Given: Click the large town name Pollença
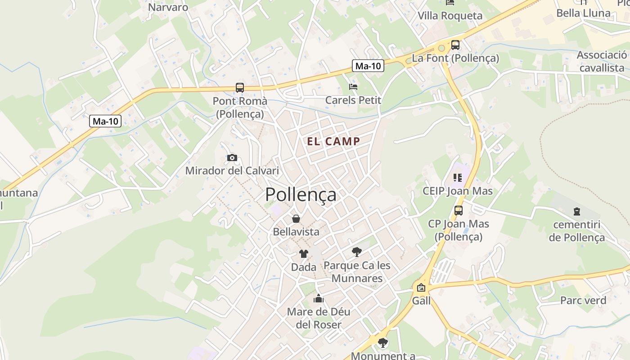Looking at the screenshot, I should pyautogui.click(x=301, y=194).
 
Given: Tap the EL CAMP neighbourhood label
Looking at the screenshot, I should pyautogui.click(x=333, y=141).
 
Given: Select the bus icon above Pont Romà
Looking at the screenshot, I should pyautogui.click(x=240, y=88).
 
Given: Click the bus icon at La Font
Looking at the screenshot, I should pyautogui.click(x=455, y=45).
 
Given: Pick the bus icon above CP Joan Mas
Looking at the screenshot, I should pyautogui.click(x=459, y=210).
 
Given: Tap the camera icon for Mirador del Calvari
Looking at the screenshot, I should pyautogui.click(x=232, y=157).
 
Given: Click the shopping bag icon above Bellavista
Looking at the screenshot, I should pyautogui.click(x=296, y=219).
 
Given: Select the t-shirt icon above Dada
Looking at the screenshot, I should pyautogui.click(x=304, y=254).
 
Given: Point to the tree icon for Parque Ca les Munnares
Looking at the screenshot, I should pyautogui.click(x=357, y=252).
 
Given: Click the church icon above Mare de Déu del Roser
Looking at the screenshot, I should pyautogui.click(x=319, y=298).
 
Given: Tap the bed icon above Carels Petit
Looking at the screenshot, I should pyautogui.click(x=353, y=86).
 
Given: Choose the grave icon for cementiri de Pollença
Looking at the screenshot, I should pyautogui.click(x=576, y=211).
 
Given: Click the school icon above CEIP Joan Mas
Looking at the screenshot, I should pyautogui.click(x=458, y=178).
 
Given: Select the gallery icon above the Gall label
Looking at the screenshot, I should pyautogui.click(x=421, y=288).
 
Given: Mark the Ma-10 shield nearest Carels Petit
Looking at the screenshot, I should pyautogui.click(x=368, y=66).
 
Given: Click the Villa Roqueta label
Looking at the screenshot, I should pyautogui.click(x=450, y=16).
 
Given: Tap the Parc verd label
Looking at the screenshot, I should pyautogui.click(x=583, y=300).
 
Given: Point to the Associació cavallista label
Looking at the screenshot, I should pyautogui.click(x=602, y=61).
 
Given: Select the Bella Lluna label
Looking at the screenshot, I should pyautogui.click(x=583, y=13).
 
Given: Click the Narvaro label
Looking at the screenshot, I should pyautogui.click(x=168, y=7).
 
